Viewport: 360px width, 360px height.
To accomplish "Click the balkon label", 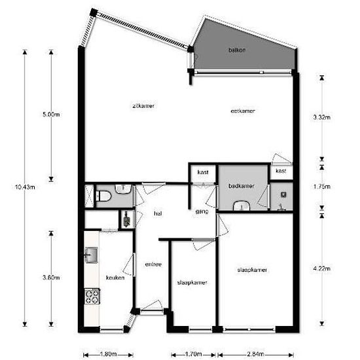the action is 237,50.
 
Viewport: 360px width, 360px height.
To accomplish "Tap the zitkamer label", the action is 143,106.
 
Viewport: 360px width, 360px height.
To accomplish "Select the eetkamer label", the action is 243,111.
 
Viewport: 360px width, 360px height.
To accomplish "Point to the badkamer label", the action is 242,186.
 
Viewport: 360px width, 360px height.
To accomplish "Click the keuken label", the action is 115,278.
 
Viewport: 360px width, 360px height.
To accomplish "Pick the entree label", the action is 153,264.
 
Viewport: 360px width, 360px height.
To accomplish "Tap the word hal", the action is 158,213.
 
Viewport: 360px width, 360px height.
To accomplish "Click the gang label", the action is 202,211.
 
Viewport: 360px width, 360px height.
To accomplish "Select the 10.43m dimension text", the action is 25,187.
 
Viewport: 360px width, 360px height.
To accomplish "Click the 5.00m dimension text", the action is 51,115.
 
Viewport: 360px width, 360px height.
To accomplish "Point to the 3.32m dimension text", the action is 322,117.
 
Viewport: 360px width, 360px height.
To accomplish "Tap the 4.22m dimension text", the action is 322,268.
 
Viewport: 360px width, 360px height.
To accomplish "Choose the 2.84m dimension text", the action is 255,354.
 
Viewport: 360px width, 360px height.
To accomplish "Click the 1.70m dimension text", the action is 193,354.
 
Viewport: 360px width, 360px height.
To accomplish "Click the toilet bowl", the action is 104,196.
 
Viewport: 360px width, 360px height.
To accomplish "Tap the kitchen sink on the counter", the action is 92,255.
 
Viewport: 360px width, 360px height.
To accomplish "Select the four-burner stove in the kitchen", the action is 92,297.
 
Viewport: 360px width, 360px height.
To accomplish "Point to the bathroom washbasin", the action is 242,206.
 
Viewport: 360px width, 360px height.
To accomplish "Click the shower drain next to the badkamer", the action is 283,195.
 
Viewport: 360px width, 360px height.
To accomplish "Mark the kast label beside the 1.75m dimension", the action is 281,171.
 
